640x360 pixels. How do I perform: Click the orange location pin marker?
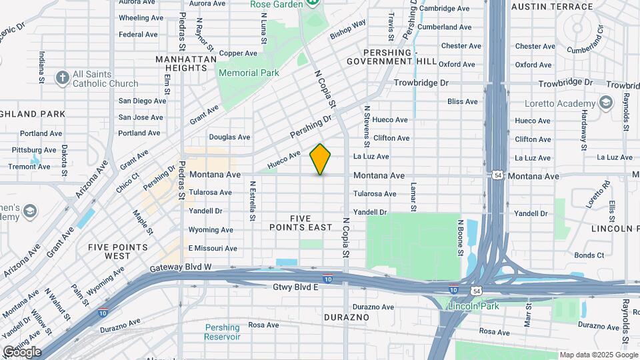point(321,159)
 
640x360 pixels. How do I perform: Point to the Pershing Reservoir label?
point(223,332)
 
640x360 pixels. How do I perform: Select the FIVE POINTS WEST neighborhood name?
point(118,251)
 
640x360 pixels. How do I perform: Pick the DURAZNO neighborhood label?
point(346,317)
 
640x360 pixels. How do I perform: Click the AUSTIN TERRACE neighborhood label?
point(551,7)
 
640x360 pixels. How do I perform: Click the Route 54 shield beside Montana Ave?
point(498,175)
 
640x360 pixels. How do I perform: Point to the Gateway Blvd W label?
point(181,267)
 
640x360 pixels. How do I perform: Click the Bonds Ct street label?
point(589,255)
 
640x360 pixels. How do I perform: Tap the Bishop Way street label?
point(348,28)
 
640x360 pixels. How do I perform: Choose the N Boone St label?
point(460,237)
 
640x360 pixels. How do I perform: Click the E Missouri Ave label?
point(213,248)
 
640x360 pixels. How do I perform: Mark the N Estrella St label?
point(253,201)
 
